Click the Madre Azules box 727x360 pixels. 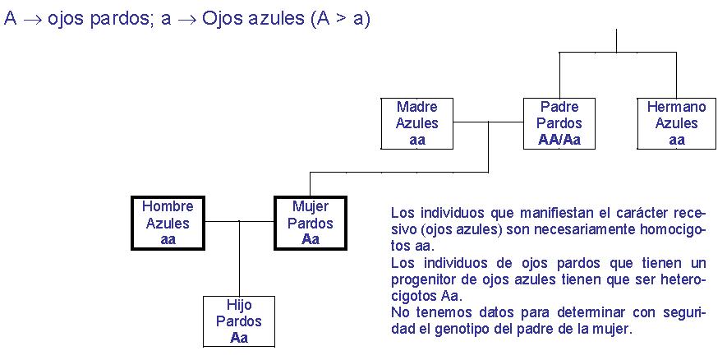point(417,123)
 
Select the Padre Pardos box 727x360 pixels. point(559,123)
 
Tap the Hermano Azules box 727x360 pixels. point(676,123)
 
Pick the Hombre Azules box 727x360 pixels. point(168,223)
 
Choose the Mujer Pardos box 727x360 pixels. point(310,223)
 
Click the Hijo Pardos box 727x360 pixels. point(239,321)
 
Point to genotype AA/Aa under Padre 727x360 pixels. point(559,140)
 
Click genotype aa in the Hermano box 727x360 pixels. point(676,140)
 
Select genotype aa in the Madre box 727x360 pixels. point(417,140)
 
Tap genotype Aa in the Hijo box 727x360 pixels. point(239,338)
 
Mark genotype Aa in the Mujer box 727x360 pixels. point(310,239)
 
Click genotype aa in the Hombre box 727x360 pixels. point(168,239)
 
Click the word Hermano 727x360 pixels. point(676,107)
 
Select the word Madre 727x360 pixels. point(417,107)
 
